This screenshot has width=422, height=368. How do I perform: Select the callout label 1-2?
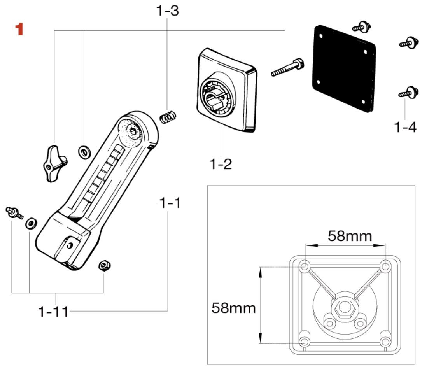[x=221, y=164]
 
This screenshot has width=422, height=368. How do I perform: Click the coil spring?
[x=169, y=116]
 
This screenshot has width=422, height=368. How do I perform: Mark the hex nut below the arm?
[x=104, y=265]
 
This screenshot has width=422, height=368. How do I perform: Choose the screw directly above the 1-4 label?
[x=407, y=93]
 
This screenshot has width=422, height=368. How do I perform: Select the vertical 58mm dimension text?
[x=233, y=308]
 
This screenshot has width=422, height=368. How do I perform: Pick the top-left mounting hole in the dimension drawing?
[x=305, y=267]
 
